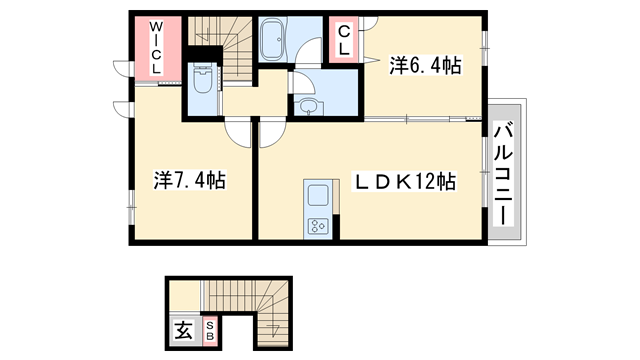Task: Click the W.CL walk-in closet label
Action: coord(157,46)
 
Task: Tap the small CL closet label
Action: coord(343,39)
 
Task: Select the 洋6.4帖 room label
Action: coord(425,66)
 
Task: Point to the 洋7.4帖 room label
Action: coord(188,181)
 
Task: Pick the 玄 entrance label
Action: coord(184,330)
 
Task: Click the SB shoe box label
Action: coord(210,330)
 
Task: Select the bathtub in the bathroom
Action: coord(273,41)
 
